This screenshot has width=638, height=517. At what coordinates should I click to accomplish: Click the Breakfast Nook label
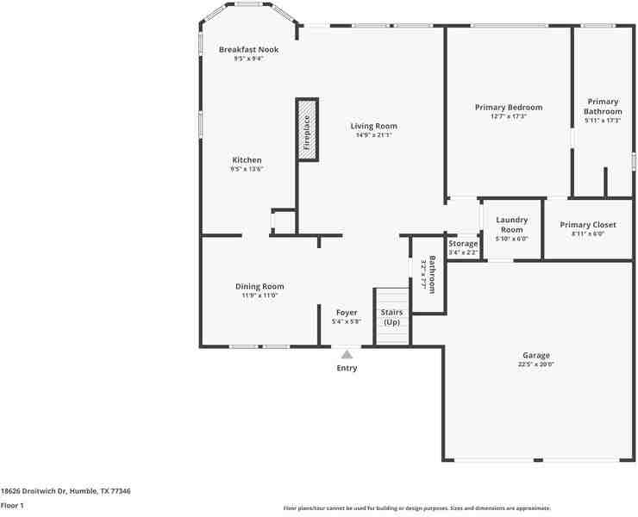[x=248, y=50]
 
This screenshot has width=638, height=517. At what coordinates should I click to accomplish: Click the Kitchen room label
[x=247, y=160]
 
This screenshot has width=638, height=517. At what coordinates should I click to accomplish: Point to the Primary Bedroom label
[x=509, y=108]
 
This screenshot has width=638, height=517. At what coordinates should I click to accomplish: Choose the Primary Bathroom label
[x=603, y=107]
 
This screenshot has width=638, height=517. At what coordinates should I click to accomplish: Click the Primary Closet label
[x=588, y=225]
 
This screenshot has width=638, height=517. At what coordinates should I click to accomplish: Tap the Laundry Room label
[x=511, y=225]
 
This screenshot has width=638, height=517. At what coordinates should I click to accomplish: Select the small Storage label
[x=463, y=244]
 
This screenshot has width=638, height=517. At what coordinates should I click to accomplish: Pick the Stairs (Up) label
[x=392, y=317]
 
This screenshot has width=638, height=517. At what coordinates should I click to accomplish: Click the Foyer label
[x=346, y=313]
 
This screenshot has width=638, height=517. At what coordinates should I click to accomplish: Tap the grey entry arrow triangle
[x=347, y=353]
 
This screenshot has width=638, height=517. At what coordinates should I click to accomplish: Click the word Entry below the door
[x=347, y=368]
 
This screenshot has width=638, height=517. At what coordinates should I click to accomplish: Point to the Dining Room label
[x=260, y=287]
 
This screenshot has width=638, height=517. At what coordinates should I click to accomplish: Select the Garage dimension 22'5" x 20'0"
[x=535, y=364]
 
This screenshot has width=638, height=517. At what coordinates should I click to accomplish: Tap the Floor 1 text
[x=12, y=506]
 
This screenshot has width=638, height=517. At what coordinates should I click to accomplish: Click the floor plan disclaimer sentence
[x=416, y=508]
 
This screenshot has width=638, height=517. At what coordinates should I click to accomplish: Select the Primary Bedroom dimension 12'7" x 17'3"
[x=509, y=116]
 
